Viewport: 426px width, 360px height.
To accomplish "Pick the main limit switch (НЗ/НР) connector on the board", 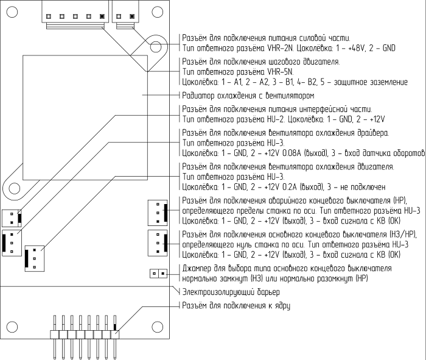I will (157, 242).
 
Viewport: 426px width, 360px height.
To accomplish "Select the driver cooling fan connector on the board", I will (12, 243).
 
